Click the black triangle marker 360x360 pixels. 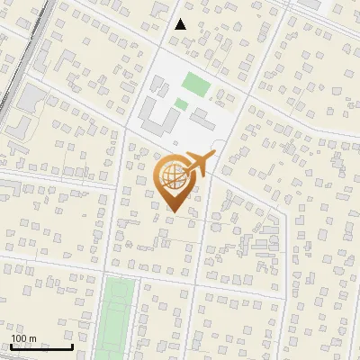coord(181,24)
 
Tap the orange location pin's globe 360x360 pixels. coord(174,175)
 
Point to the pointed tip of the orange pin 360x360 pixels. coord(173,212)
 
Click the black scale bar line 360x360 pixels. coord(41,347)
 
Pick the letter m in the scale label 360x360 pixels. coord(33,338)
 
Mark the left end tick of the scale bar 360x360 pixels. coord(11,346)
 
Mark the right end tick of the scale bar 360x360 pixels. coord(72,346)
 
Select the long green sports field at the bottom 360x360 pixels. coord(114,315)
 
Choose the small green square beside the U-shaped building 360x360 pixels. coord(181,104)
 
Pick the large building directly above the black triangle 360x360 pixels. coord(163,8)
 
